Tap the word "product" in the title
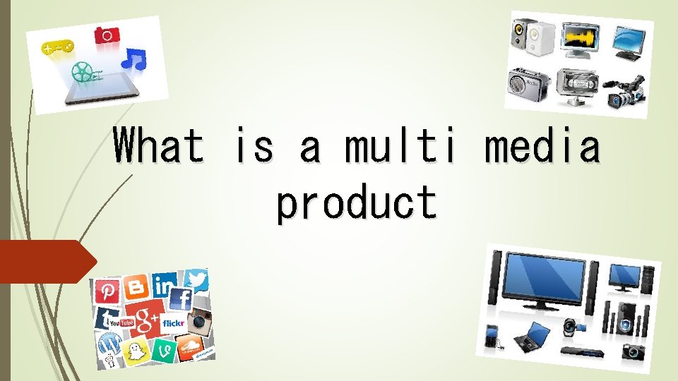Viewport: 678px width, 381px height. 357,202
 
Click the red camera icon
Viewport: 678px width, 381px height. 107,35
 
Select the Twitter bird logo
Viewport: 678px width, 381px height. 198,280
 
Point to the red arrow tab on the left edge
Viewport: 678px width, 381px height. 46,261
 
